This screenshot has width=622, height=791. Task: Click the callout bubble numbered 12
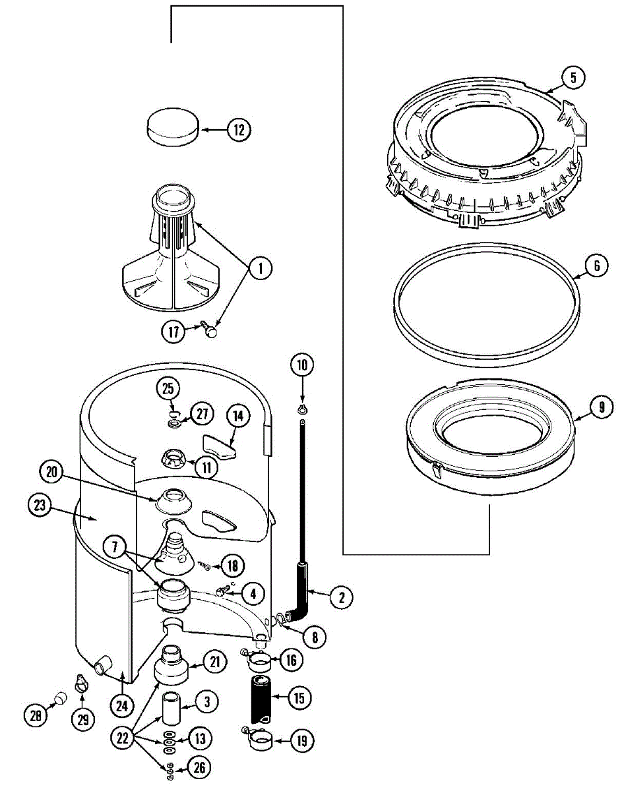239,130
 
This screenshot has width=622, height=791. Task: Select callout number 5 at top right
573,78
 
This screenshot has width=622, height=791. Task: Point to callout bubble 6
596,266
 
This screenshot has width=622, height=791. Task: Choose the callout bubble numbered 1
261,268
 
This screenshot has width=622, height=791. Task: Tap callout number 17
173,332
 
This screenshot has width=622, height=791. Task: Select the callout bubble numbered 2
341,598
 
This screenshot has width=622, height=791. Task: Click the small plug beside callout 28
59,697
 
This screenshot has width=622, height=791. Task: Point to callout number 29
82,720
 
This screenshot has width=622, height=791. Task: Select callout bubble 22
121,740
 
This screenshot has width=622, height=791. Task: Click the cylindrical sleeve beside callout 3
171,709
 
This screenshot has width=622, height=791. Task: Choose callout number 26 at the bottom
200,767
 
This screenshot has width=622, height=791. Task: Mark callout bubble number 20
52,471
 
